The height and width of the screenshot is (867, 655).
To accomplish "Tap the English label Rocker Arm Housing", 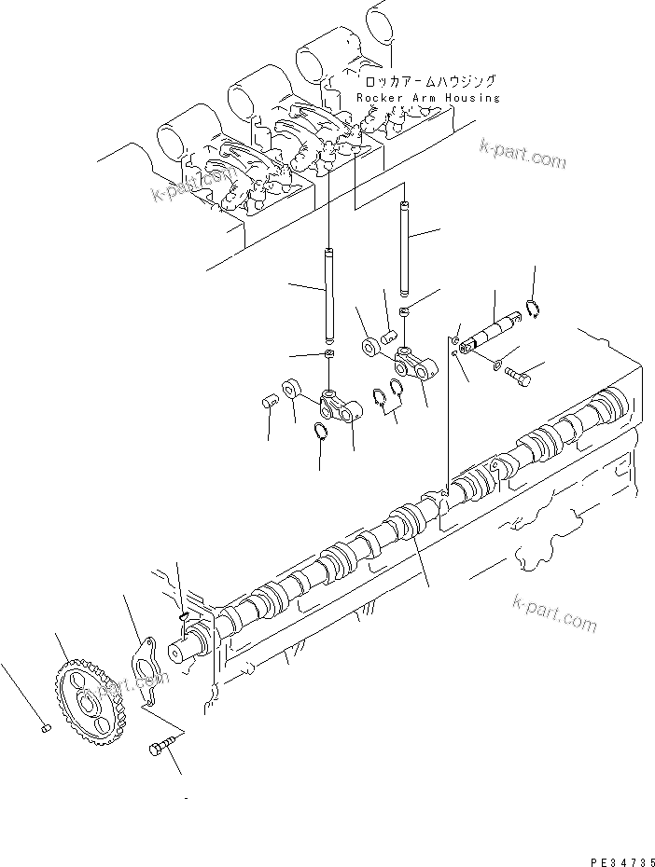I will pos(427,98).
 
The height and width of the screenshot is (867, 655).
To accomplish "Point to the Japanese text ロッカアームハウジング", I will pos(427,82).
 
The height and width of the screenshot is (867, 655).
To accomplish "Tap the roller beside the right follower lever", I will pos(372,347).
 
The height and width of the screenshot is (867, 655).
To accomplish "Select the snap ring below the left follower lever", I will pos(320,430).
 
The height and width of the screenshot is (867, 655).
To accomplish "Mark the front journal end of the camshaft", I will pos(185,649).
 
